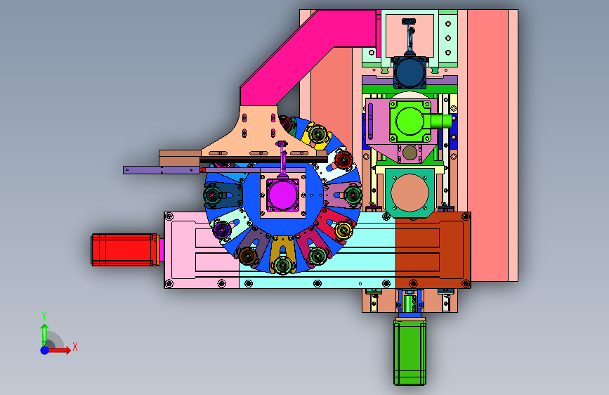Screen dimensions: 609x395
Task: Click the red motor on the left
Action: pos(125,250)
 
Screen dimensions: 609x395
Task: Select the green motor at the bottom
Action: pos(410,351)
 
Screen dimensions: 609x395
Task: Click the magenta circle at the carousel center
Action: pos(283,195)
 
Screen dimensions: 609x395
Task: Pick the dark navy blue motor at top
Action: pos(410,72)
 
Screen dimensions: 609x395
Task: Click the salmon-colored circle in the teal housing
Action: pos(410,193)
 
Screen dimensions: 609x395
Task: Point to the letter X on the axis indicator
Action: pos(75,347)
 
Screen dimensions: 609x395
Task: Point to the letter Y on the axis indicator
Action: pos(44,316)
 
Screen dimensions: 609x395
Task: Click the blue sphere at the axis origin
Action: pos(45,350)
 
